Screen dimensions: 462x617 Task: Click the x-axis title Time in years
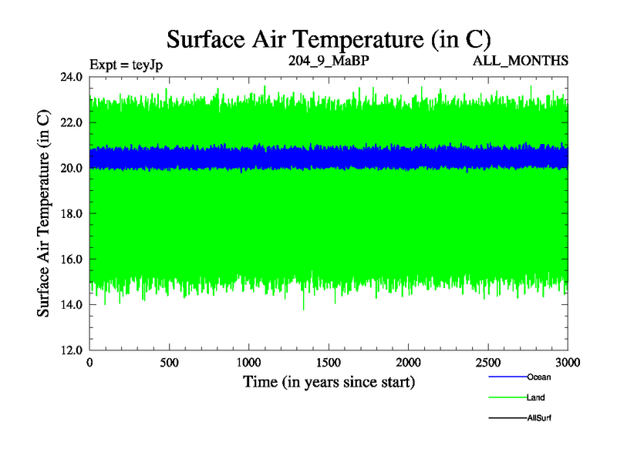click(329, 381)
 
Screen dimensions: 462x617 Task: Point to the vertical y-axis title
click(45, 213)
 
